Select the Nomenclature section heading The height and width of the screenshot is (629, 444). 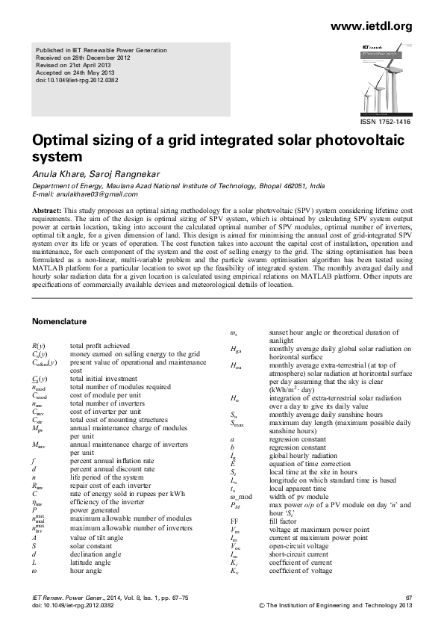pyautogui.click(x=60, y=322)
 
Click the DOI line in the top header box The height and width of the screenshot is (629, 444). pyautogui.click(x=72, y=78)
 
